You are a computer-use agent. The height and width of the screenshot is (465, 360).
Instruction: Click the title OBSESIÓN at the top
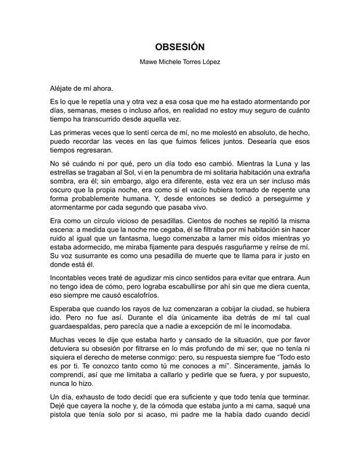(x=180, y=45)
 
